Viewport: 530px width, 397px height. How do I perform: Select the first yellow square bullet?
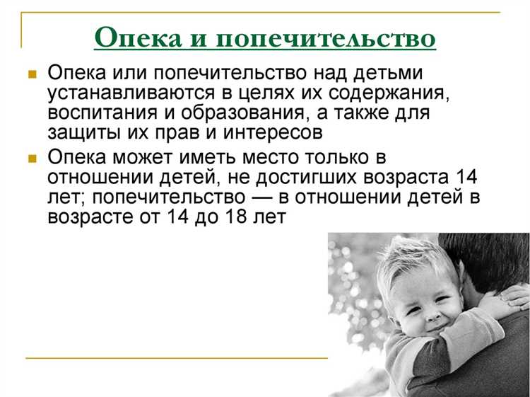point(32,74)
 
